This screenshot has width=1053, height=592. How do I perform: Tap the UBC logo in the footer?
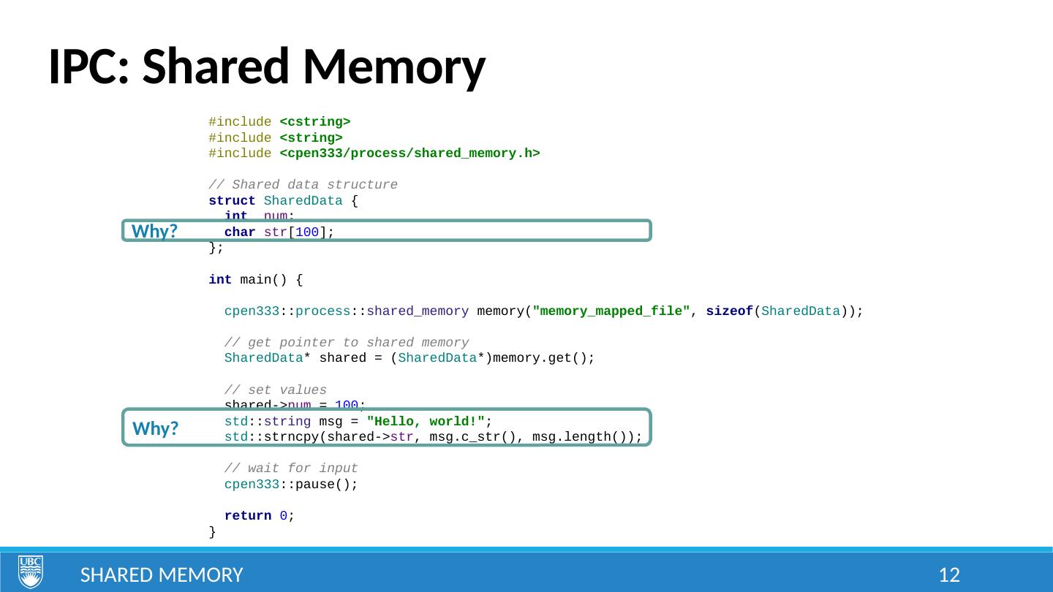(x=30, y=572)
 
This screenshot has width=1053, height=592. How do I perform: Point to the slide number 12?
(x=948, y=575)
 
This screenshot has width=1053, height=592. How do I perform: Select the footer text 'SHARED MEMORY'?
(x=162, y=575)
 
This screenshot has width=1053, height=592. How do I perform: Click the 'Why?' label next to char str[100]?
(x=155, y=232)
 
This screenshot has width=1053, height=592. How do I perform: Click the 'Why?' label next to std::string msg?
(x=156, y=429)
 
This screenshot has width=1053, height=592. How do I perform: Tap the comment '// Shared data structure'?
(x=303, y=185)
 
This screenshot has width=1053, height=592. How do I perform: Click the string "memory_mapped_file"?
(x=612, y=311)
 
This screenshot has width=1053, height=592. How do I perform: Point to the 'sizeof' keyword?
(x=734, y=311)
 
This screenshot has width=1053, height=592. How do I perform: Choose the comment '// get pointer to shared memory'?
(x=346, y=343)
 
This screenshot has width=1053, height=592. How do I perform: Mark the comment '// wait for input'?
(x=291, y=468)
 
